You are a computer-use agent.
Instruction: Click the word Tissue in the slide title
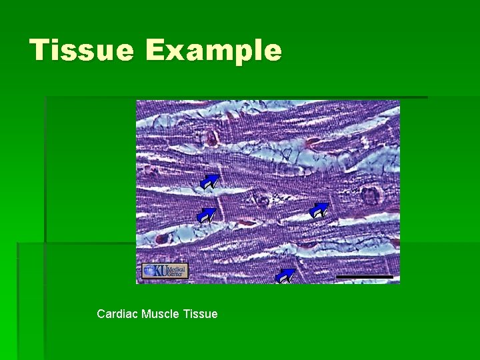82,51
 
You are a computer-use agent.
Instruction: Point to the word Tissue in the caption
200,313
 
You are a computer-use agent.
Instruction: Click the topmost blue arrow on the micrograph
209,182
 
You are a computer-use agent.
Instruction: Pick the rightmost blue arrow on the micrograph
319,211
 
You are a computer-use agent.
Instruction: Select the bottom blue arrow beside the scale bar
285,275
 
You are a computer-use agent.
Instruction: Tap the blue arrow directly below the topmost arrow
207,215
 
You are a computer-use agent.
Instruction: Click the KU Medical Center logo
165,271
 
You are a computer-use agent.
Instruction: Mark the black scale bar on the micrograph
364,276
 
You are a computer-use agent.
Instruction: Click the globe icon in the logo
149,271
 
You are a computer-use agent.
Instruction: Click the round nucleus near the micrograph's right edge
369,195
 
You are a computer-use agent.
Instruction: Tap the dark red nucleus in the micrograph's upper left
211,138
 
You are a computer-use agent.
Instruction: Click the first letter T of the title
42,51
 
